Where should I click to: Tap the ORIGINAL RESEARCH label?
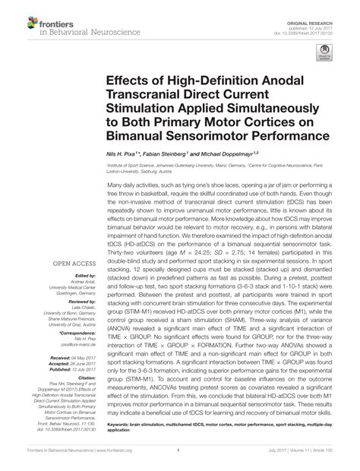(317, 11)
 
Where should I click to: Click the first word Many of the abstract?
(116, 185)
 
